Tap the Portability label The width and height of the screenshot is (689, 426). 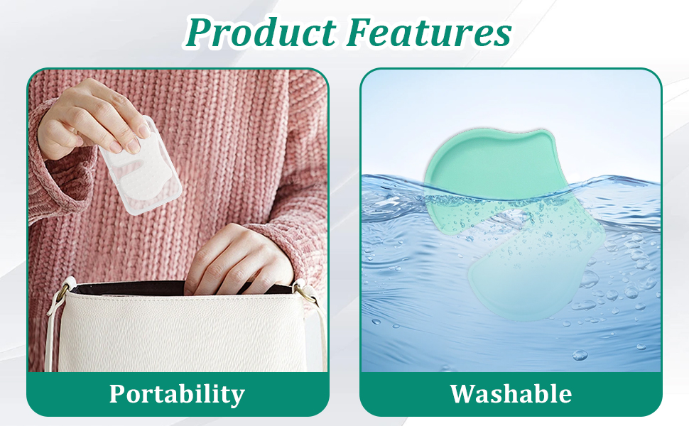(x=177, y=393)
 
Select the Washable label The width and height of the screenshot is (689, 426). (x=511, y=393)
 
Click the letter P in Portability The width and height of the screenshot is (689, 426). (x=119, y=393)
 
